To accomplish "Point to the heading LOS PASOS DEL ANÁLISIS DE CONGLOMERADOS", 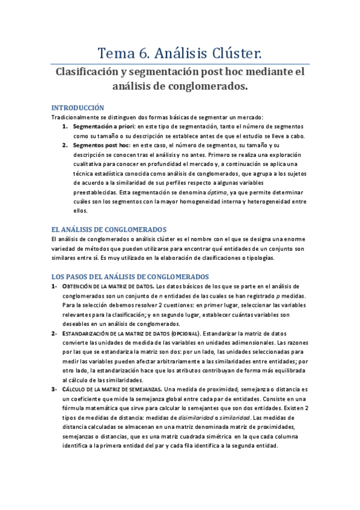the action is [x=130, y=276].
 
